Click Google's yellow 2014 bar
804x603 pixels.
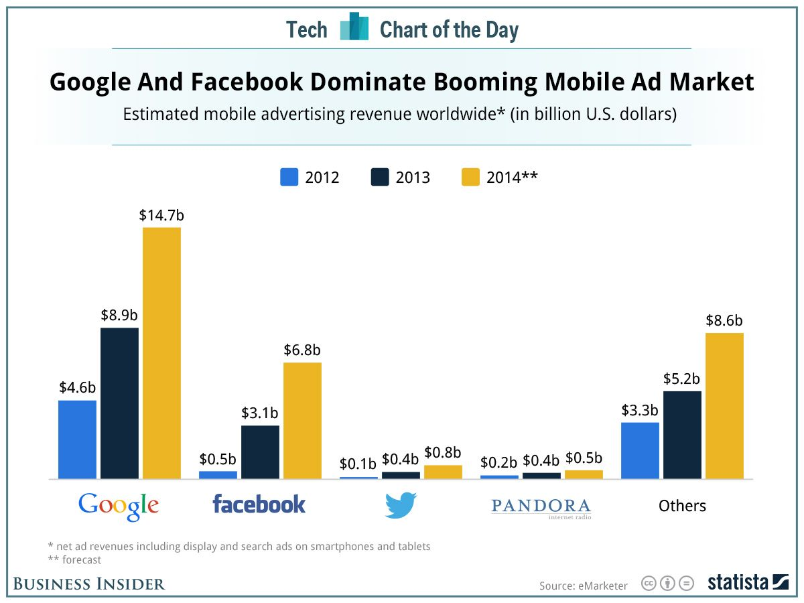click(161, 353)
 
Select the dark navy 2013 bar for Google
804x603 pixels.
click(120, 403)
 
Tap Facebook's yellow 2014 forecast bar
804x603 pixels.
click(302, 421)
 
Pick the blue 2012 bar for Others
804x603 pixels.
click(640, 450)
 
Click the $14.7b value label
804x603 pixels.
click(161, 216)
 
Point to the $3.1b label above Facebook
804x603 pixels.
click(261, 413)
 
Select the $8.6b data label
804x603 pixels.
click(724, 320)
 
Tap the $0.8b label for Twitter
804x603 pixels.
click(443, 453)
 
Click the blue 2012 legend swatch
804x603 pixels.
click(289, 177)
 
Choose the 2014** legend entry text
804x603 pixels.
click(513, 178)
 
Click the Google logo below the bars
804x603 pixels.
click(119, 506)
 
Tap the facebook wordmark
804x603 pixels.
click(259, 504)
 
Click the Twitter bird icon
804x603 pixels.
click(401, 505)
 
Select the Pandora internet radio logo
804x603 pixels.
click(541, 507)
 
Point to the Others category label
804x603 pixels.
click(682, 506)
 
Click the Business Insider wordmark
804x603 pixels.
click(89, 584)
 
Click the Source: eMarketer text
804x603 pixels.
click(584, 586)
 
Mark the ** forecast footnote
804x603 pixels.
click(74, 559)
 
